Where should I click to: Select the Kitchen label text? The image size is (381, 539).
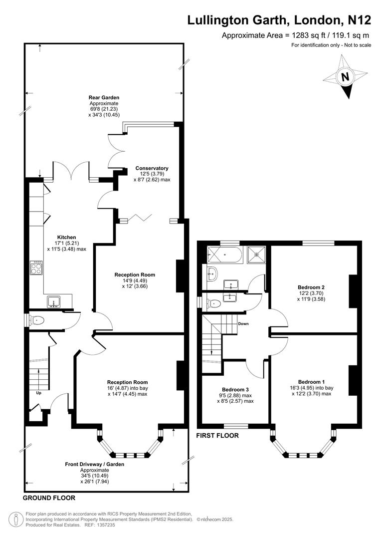[x=66, y=237]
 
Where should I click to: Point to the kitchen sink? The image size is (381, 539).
[x=54, y=301]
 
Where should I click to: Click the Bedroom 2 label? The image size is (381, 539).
[x=311, y=287]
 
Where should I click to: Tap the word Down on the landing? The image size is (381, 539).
[x=243, y=324]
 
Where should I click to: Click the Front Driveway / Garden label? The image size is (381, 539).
[x=95, y=464]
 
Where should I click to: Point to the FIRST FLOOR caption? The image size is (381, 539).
[x=218, y=436]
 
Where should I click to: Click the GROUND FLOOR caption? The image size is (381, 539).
[x=49, y=498]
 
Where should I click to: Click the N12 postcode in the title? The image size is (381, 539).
[x=359, y=20]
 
